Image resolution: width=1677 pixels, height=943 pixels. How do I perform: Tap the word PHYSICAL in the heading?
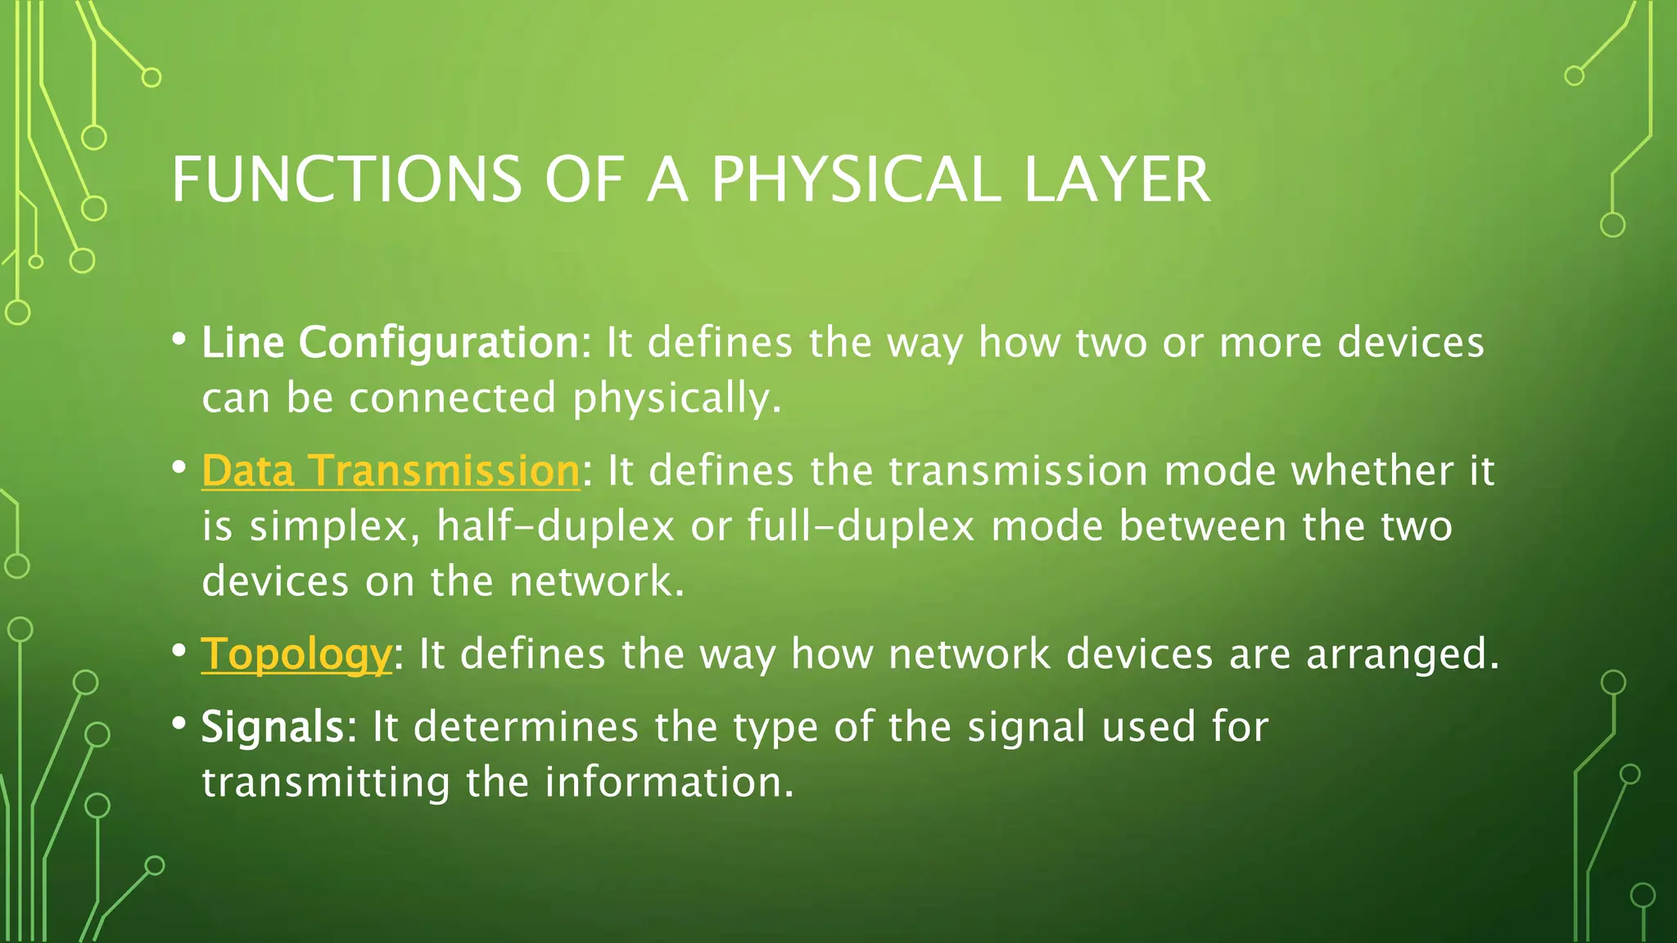856,180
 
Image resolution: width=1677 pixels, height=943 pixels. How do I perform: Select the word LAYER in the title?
1117,180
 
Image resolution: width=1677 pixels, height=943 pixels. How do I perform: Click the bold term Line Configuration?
391,342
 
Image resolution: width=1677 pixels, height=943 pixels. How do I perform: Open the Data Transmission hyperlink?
391,471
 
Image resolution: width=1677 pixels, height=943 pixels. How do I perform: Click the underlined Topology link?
296,655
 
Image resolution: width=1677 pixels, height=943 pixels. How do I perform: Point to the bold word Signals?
273,727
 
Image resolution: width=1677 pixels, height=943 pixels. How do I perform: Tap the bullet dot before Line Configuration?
179,339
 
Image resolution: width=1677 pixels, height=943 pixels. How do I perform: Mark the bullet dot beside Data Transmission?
179,468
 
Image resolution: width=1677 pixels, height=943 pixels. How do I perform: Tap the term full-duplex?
861,526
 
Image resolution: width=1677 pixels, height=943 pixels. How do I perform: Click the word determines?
525,727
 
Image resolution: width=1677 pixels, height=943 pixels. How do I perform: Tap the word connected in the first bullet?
452,399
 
